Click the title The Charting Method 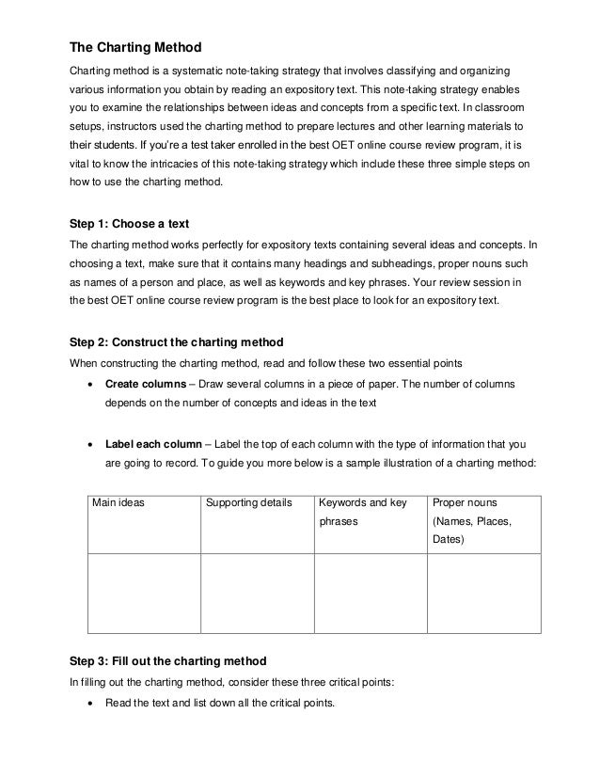click(137, 47)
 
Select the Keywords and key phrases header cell click(363, 512)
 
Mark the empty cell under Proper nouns click(482, 593)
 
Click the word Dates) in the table click(450, 541)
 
